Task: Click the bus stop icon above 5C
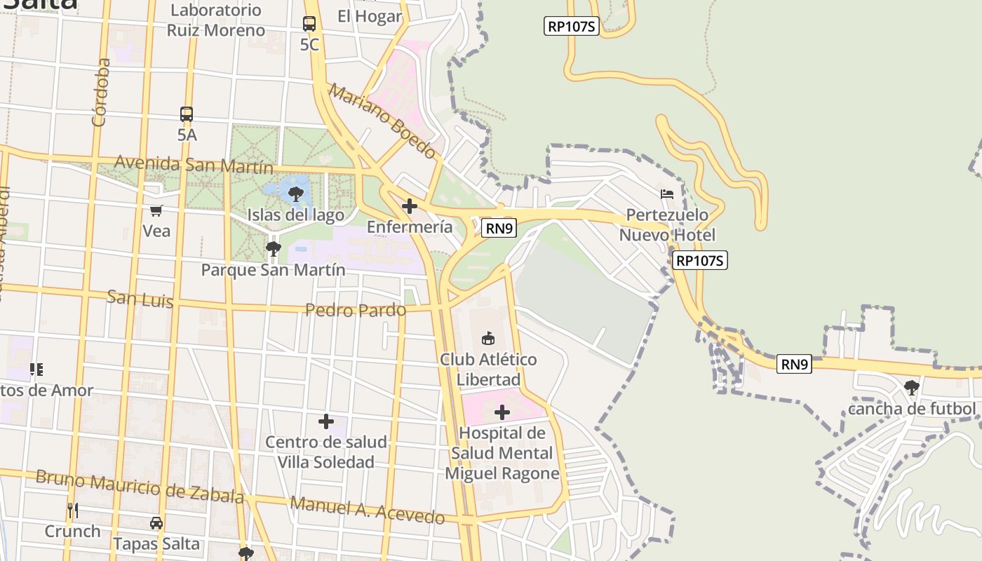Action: pyautogui.click(x=309, y=24)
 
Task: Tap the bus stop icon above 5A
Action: pyautogui.click(x=187, y=114)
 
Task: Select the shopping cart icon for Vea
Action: pyautogui.click(x=156, y=210)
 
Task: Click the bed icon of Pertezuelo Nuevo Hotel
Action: pyautogui.click(x=667, y=194)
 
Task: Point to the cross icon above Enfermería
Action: pyautogui.click(x=410, y=206)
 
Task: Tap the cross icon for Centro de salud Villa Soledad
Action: pyautogui.click(x=326, y=421)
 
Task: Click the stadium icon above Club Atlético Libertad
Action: pyautogui.click(x=488, y=339)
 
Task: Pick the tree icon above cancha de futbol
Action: pyautogui.click(x=912, y=387)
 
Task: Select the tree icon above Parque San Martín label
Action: pyautogui.click(x=274, y=248)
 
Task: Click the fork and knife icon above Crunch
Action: pyautogui.click(x=73, y=510)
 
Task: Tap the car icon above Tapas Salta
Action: pyautogui.click(x=156, y=523)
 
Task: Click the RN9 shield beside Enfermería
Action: pyautogui.click(x=499, y=227)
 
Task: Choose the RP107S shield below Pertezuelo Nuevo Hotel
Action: pyautogui.click(x=700, y=261)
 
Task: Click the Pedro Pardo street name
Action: pyautogui.click(x=356, y=309)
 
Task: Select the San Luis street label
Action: pyautogui.click(x=140, y=299)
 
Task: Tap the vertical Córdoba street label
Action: pyautogui.click(x=101, y=93)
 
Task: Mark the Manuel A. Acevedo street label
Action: pyautogui.click(x=368, y=510)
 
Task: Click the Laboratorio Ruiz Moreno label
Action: pyautogui.click(x=216, y=20)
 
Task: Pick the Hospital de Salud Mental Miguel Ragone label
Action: pyautogui.click(x=502, y=453)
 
